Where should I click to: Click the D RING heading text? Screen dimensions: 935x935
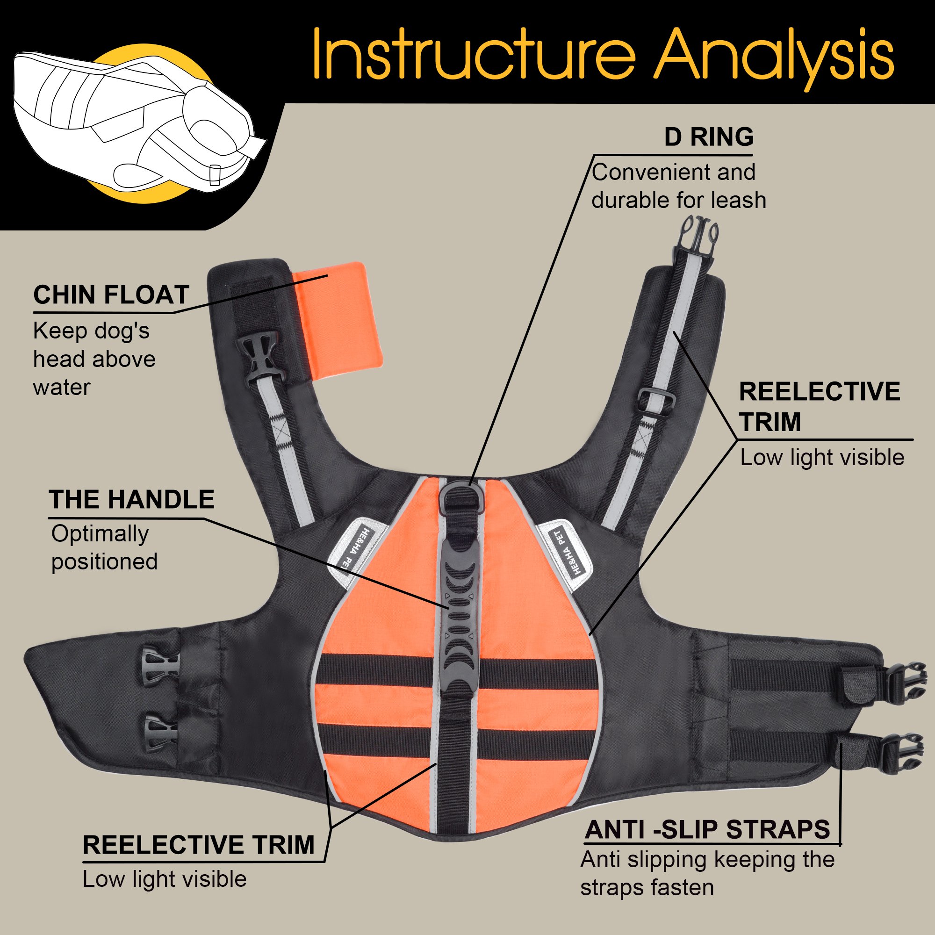tap(709, 137)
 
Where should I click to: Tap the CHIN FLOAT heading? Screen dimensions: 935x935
tap(111, 295)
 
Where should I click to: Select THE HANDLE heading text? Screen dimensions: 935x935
tap(131, 500)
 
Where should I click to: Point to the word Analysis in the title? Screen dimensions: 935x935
tap(775, 54)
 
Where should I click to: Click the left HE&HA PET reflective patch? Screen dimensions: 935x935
tap(356, 552)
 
